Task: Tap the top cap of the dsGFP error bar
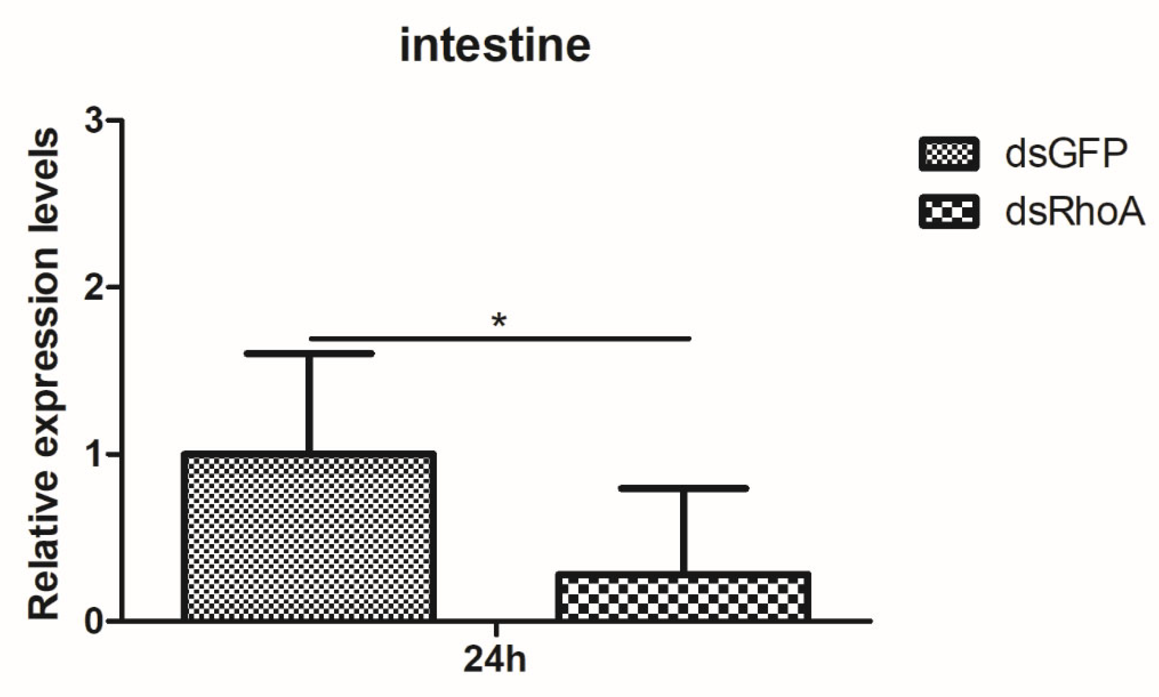pos(309,353)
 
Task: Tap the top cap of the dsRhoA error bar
pos(683,488)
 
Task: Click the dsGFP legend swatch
pos(949,154)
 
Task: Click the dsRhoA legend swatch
pos(949,212)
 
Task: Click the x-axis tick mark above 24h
pos(496,630)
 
